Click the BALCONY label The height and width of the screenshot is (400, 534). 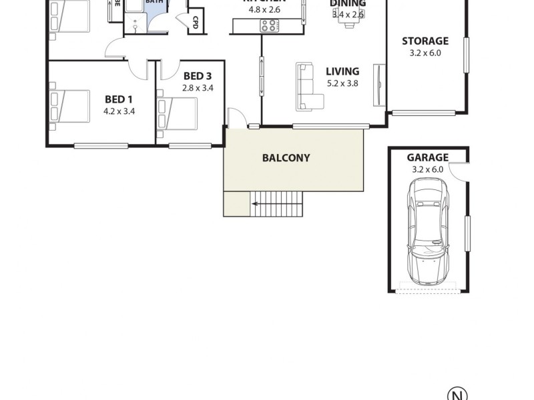(x=286, y=158)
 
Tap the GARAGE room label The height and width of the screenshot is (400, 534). (x=427, y=157)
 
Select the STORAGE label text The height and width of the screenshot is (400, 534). (x=425, y=41)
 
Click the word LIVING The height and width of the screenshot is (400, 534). (x=342, y=71)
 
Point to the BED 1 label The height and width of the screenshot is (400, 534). (x=119, y=100)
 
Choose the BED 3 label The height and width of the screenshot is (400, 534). (x=198, y=75)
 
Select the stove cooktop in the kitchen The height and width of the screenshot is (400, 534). (x=270, y=26)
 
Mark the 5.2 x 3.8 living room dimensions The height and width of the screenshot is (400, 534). (x=342, y=83)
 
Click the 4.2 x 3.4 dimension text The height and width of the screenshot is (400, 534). (x=119, y=111)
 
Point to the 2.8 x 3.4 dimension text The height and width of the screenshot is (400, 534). (x=198, y=87)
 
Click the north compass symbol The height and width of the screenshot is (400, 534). (x=458, y=393)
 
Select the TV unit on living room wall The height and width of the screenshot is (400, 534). (x=379, y=85)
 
